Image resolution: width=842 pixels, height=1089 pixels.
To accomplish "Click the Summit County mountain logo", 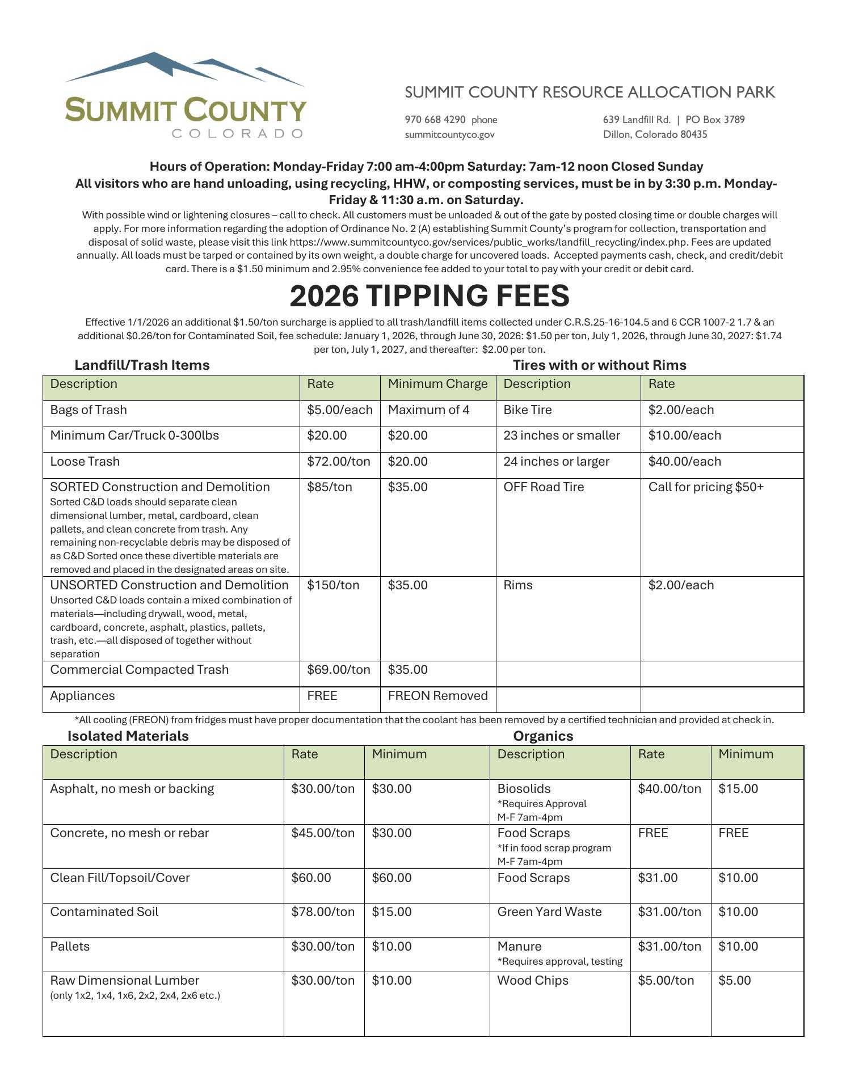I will tap(186, 95).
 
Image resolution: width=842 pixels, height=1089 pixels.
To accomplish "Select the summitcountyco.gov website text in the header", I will tap(449, 134).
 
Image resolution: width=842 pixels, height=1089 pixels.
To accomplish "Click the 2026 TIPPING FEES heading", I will tap(429, 296).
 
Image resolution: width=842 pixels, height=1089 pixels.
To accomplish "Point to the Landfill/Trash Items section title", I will tap(142, 365).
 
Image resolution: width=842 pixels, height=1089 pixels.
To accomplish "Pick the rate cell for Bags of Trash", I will tap(339, 410).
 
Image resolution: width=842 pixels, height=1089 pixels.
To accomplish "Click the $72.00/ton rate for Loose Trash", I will tap(338, 462).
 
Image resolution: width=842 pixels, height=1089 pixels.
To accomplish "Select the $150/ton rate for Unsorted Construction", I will tap(333, 585).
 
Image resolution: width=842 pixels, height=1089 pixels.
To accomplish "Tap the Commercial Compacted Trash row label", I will tap(139, 670).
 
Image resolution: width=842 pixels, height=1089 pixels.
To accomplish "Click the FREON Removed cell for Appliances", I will tap(437, 696).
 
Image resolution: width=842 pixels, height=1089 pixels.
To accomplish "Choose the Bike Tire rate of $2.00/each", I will tap(681, 410).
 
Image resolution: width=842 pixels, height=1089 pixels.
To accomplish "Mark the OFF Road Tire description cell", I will tap(543, 487).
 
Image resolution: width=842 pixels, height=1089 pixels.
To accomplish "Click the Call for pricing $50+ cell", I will tap(706, 487).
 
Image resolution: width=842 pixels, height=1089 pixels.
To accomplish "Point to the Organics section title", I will tap(543, 736).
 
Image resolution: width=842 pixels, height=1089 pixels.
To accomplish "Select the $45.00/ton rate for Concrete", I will tap(323, 833).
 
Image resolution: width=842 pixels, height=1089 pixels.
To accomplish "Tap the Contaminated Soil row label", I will tap(104, 912).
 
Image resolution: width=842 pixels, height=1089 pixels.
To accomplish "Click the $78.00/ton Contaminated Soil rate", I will tap(323, 912).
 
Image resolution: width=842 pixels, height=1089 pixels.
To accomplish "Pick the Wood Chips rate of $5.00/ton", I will tap(666, 981).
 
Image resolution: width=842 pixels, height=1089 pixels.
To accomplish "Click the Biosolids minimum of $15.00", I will tap(738, 789).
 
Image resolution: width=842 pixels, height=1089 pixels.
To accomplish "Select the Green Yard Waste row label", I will tap(549, 912).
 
